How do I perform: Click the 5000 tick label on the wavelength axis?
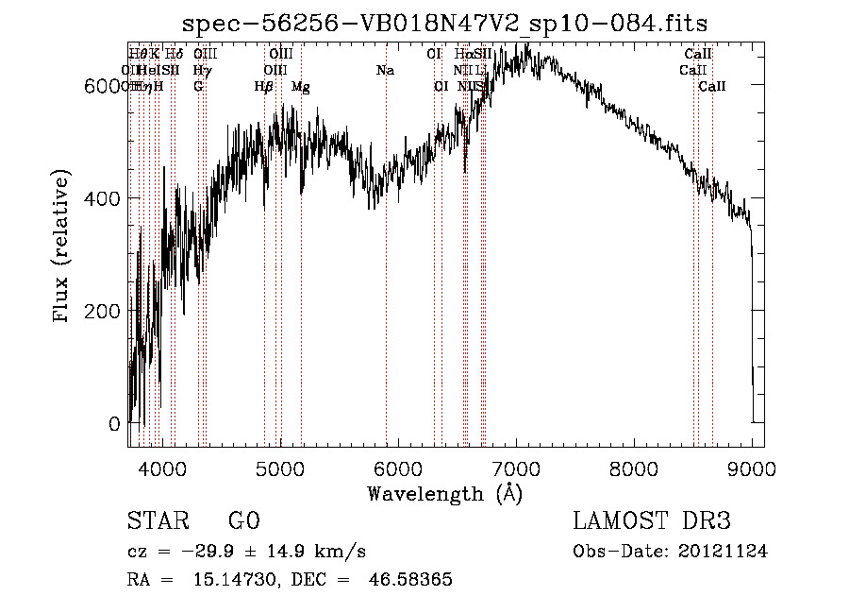279,467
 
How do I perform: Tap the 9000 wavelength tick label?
752,467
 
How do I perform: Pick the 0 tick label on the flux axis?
115,424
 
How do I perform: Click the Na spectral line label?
385,71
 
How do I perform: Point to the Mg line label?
300,87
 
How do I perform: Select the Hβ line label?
263,87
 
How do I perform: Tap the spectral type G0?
243,521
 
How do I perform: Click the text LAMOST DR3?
652,521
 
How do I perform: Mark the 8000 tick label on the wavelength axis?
634,467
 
